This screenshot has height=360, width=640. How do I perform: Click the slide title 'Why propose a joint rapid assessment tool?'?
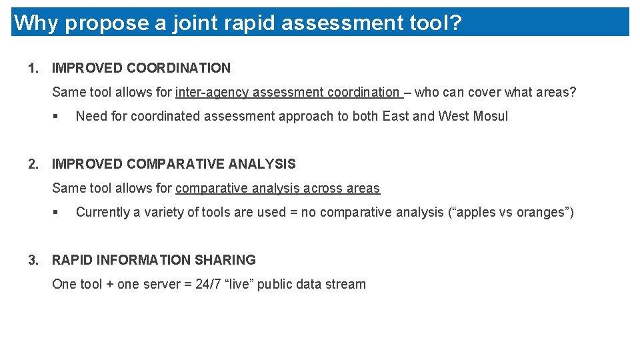coord(237,23)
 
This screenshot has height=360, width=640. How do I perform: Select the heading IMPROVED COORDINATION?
coord(141,68)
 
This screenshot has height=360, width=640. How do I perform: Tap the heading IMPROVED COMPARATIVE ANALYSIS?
coord(174,164)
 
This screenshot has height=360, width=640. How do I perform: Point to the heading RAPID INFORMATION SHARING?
coord(154,260)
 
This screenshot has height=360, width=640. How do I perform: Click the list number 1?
coord(32,68)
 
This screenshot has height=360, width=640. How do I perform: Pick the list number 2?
coord(32,164)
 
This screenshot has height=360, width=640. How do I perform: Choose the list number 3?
coord(32,260)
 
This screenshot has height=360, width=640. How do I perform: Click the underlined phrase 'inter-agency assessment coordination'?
coord(287,92)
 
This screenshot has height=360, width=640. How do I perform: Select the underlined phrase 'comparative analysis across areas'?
coord(277,188)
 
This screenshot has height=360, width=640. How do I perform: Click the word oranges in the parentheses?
coord(541,212)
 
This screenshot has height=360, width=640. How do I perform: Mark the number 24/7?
coord(207,284)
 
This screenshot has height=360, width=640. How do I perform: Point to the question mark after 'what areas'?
coord(573,92)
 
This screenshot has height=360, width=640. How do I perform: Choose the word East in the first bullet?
coord(395,116)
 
